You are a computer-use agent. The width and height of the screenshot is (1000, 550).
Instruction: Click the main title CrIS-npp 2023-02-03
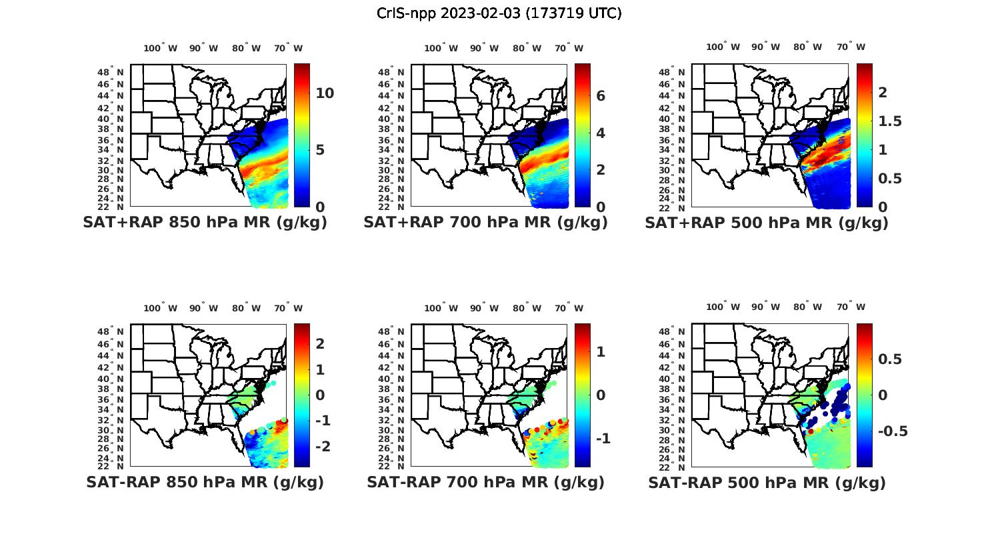(499, 13)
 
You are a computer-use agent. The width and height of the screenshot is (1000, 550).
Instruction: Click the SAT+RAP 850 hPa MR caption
(205, 223)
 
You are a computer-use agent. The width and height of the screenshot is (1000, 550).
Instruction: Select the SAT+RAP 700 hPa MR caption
(485, 223)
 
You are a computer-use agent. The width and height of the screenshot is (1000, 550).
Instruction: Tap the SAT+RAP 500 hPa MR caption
(767, 223)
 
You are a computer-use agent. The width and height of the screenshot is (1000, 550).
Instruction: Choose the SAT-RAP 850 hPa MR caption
(205, 482)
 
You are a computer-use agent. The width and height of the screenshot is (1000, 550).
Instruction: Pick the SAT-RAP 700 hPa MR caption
(485, 482)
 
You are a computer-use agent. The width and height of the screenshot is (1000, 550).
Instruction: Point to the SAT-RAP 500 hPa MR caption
(767, 483)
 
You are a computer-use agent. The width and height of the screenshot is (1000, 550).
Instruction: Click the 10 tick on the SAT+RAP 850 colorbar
(325, 93)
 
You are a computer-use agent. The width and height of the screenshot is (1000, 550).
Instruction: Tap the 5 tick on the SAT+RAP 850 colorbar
(320, 150)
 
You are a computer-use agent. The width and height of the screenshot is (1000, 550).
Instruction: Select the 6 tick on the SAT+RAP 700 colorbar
(601, 96)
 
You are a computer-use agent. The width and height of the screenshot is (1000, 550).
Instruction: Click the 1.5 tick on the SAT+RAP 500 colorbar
(890, 121)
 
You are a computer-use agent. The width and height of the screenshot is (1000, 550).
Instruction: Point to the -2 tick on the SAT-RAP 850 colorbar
(323, 446)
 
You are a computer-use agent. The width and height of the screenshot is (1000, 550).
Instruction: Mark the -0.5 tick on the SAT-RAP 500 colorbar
(893, 431)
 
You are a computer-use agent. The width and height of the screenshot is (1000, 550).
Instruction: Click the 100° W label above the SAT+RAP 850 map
(160, 48)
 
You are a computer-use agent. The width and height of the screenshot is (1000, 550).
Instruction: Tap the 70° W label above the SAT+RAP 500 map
(851, 47)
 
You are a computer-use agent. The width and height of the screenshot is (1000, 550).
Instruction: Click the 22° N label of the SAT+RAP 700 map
(392, 207)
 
